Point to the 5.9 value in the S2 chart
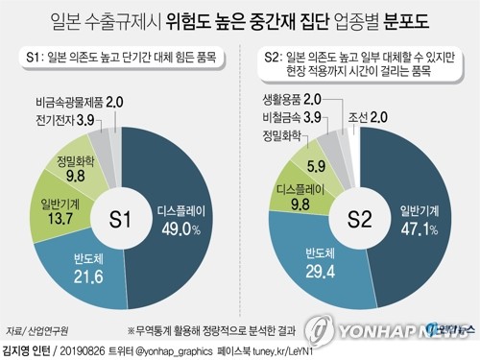point(318,165)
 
